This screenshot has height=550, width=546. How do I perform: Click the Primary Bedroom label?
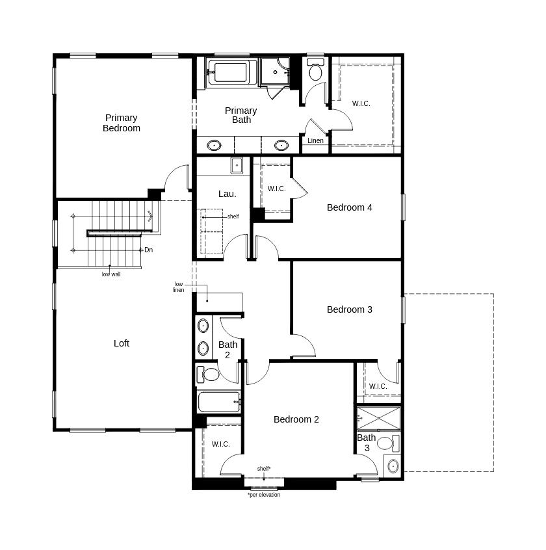click(122, 123)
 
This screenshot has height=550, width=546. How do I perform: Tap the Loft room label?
click(122, 343)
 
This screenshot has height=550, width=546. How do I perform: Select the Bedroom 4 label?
click(350, 207)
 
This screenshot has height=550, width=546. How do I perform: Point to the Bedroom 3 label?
click(350, 309)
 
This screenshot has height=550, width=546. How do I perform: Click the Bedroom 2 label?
click(296, 419)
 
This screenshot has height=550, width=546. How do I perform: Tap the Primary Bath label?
click(241, 115)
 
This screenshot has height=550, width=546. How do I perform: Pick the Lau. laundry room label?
click(227, 194)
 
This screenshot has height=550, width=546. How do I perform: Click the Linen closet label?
click(315, 140)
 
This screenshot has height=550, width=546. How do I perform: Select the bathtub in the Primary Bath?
click(230, 72)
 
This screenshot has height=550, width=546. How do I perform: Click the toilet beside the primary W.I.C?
click(316, 70)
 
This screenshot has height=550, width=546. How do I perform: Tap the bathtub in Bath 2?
click(218, 402)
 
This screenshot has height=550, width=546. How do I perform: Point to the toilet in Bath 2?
click(210, 374)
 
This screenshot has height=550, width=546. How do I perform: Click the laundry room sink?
click(237, 165)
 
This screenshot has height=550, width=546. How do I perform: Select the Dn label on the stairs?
click(149, 250)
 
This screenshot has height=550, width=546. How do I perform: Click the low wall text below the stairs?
click(111, 274)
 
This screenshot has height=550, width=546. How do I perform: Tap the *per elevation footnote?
click(264, 495)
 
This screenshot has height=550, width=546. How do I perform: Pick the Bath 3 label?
click(367, 443)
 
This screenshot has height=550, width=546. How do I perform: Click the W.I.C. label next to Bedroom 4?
click(277, 189)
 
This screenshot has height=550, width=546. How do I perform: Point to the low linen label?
click(178, 287)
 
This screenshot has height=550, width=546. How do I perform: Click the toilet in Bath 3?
click(386, 444)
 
